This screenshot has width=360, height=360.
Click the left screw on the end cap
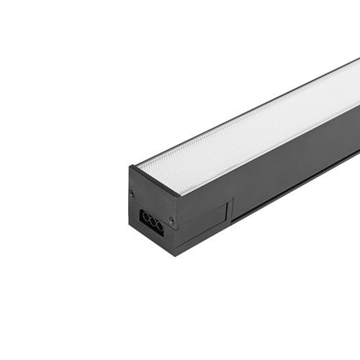(x=132, y=193)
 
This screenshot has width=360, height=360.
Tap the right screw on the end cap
(x=171, y=220)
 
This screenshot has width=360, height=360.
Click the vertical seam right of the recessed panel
(x=230, y=212)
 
